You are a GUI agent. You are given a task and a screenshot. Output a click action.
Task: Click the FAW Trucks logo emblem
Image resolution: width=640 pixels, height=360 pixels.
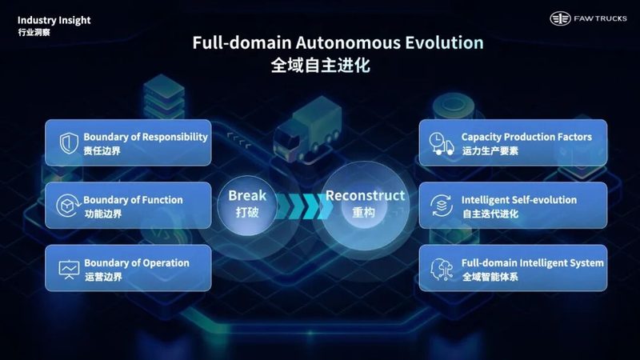[x=560, y=18]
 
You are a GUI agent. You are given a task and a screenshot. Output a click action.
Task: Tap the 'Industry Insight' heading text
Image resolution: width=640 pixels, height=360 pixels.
[x=54, y=21]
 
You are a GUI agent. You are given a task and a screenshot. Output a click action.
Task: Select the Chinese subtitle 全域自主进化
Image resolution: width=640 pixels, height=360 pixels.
[x=321, y=66]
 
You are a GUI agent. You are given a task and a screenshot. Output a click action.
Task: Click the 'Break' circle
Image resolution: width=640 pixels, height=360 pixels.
[x=247, y=206]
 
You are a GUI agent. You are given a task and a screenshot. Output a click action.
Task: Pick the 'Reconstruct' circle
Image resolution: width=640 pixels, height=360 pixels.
[x=365, y=206]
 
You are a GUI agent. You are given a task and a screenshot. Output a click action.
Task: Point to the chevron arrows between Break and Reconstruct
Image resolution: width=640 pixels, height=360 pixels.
[x=304, y=206]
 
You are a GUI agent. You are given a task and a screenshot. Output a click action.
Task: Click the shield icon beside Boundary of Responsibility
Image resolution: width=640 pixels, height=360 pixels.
[x=69, y=143]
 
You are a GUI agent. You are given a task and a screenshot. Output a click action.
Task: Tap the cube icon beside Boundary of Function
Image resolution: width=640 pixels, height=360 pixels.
[x=67, y=206]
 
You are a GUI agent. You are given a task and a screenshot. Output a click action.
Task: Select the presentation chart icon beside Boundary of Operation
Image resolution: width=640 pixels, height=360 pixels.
[x=69, y=270]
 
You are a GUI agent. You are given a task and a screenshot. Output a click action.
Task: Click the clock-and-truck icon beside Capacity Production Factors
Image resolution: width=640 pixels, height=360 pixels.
[x=442, y=143]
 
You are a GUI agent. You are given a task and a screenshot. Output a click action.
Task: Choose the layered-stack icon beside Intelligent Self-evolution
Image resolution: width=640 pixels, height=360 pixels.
[x=442, y=206]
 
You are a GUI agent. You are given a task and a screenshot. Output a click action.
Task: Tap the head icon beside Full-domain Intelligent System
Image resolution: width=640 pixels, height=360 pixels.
[x=442, y=269]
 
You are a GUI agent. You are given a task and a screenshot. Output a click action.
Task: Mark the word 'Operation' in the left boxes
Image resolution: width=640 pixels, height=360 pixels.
[x=166, y=264]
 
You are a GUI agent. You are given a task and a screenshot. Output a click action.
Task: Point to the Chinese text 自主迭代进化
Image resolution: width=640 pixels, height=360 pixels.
[x=490, y=214]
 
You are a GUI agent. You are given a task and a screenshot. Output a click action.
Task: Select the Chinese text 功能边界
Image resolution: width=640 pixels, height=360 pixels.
[x=103, y=214]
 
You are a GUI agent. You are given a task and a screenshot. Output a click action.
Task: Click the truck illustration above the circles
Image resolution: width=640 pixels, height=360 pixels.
[x=308, y=130]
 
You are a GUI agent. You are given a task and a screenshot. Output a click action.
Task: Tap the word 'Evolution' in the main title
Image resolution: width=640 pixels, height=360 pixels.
[x=444, y=43]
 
